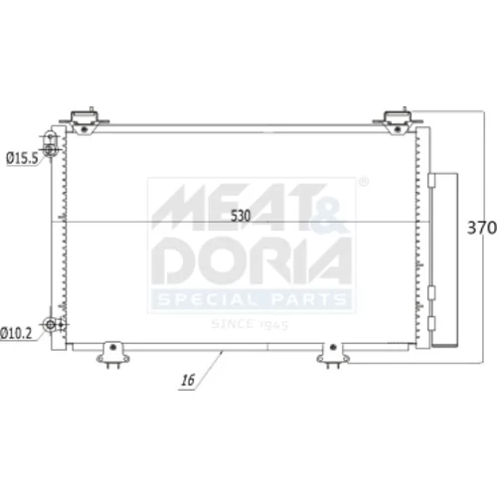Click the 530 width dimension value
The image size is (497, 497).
[x=241, y=216]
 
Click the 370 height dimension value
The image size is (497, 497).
[x=482, y=228]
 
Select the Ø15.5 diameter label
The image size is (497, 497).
[x=22, y=158]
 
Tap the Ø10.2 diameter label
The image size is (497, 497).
[x=16, y=333]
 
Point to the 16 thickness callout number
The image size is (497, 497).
[x=188, y=380]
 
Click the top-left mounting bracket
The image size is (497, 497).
[x=84, y=121]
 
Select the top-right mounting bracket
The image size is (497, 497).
[x=398, y=121]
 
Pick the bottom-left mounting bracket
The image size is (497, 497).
[x=113, y=355]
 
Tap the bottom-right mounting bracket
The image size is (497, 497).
[x=333, y=355]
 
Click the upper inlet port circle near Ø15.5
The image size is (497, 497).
[x=50, y=150]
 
